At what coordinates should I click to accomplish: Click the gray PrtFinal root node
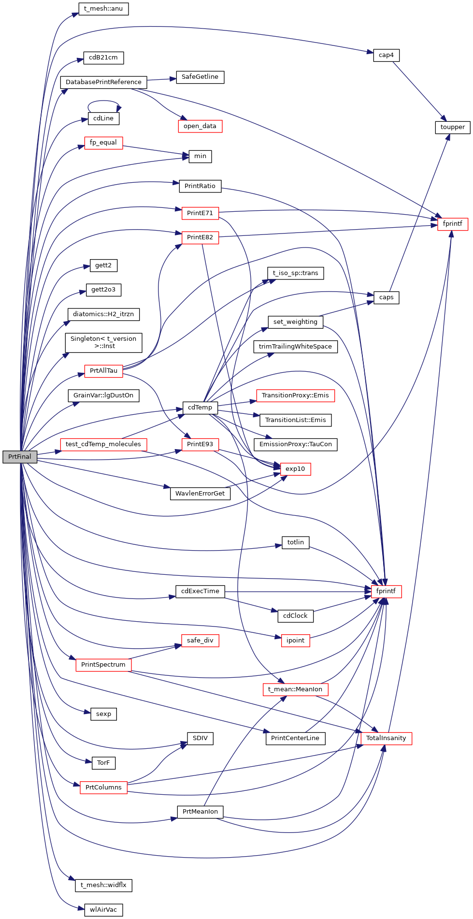(20, 456)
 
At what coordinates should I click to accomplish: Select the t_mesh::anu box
(103, 9)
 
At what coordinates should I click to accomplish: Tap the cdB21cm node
(103, 58)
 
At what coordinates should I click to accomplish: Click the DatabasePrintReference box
(103, 82)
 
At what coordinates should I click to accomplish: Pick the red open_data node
(200, 126)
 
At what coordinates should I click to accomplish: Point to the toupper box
(452, 127)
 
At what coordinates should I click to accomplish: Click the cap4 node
(386, 55)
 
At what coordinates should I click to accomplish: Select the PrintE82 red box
(200, 237)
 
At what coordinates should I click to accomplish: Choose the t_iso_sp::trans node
(295, 273)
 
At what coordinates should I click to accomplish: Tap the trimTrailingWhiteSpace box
(295, 347)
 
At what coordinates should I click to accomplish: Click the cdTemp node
(200, 408)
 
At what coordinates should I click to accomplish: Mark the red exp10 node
(295, 469)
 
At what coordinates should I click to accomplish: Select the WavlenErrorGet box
(200, 494)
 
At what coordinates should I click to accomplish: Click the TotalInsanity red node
(386, 738)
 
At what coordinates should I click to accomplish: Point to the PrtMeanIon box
(200, 812)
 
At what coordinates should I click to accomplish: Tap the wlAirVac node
(103, 910)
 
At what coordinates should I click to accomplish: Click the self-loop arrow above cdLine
(103, 101)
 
